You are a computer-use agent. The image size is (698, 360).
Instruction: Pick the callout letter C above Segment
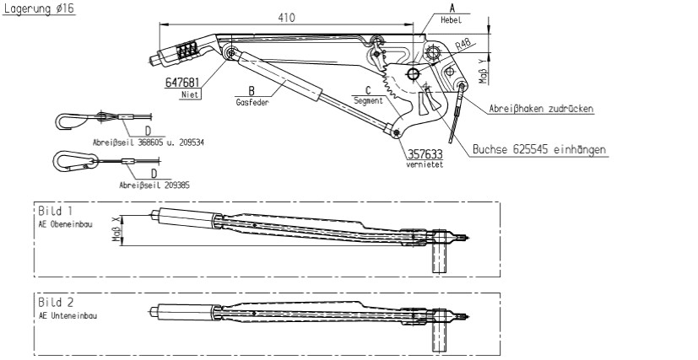(x=368, y=90)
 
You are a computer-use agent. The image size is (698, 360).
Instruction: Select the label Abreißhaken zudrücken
(x=541, y=109)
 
